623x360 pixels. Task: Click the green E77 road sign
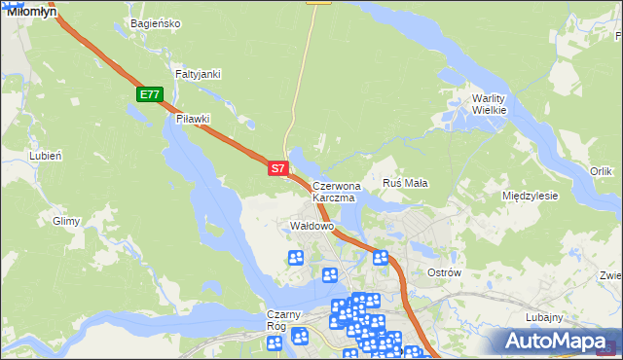[149, 94]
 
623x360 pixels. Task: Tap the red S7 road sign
[277, 168]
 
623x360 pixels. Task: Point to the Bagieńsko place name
[155, 23]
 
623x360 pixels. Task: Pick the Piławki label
[193, 119]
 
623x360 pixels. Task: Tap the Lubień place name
[46, 156]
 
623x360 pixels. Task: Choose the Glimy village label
[66, 221]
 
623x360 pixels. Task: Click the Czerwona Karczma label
[336, 191]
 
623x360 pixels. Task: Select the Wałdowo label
[312, 226]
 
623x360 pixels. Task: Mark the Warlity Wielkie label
[489, 104]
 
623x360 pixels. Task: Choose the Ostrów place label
[444, 272]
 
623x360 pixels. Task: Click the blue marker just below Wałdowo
[296, 258]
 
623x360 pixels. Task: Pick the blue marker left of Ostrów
[381, 258]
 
